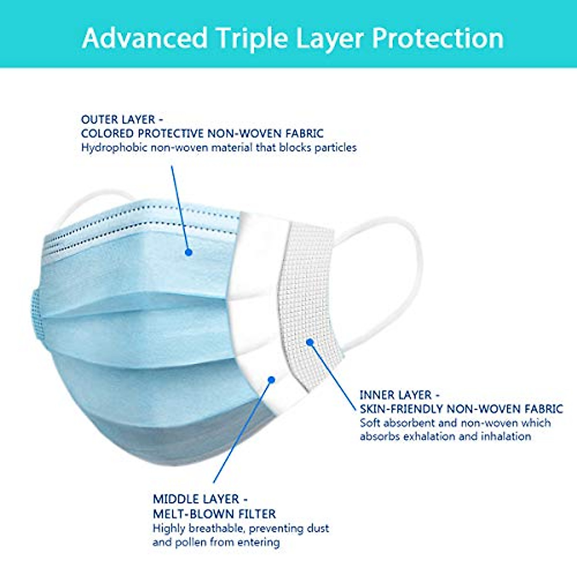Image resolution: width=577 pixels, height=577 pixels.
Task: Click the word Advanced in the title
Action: (145, 38)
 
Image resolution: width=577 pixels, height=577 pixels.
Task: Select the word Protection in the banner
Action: (437, 38)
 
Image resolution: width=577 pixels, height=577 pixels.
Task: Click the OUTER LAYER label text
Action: (118, 120)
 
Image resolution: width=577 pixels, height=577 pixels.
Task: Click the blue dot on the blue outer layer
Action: (188, 252)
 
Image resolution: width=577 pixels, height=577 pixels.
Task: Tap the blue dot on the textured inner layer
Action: (310, 342)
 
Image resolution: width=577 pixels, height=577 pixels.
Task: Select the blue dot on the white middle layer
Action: (271, 380)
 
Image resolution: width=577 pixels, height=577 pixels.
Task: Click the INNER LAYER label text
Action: (396, 395)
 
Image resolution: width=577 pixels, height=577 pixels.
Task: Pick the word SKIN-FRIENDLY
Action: (401, 409)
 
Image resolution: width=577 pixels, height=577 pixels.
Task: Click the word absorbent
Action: (409, 423)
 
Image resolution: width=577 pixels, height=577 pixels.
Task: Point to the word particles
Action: (335, 148)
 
